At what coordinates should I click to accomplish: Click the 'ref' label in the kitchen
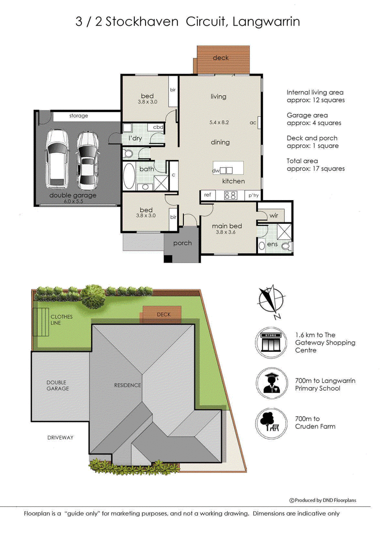point(208,195)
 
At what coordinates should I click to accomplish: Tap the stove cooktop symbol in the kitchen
point(230,195)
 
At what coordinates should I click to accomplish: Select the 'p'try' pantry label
point(253,195)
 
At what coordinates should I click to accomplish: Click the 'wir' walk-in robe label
point(274,215)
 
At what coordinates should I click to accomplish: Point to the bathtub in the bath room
point(129,176)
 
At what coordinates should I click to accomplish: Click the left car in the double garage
point(57,159)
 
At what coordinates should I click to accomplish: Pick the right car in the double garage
point(88,160)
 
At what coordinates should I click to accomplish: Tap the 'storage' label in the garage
point(79,116)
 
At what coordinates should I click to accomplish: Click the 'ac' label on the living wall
point(253,123)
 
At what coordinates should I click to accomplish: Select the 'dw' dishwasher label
point(216,171)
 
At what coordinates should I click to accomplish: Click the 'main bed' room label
point(226,226)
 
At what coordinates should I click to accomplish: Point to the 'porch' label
point(182,243)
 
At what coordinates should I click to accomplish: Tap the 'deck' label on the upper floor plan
point(221,58)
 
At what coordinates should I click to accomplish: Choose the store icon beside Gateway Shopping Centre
point(271,342)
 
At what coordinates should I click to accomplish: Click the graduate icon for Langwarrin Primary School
point(271,383)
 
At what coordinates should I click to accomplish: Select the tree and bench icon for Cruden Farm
point(271,423)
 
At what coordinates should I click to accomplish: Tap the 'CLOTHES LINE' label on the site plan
point(62,320)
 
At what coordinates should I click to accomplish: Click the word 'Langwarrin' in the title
point(266,22)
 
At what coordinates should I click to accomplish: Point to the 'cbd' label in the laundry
point(158,127)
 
